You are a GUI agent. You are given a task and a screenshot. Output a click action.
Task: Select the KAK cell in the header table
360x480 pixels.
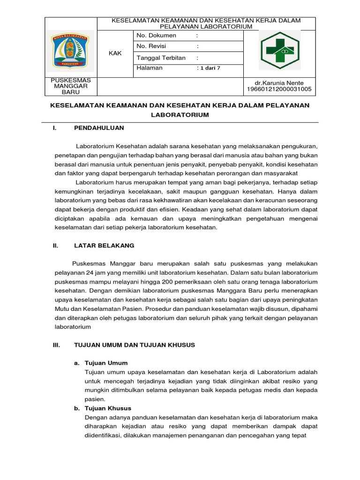tap(115, 53)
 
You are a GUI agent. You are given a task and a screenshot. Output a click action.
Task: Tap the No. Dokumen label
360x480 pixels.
tap(156, 35)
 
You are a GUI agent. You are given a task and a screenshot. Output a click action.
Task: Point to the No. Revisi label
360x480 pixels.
tap(151, 46)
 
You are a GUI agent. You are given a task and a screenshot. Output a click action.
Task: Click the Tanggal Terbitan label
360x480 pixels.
tap(161, 58)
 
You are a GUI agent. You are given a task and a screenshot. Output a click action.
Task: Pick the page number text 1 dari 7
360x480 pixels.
tap(210, 68)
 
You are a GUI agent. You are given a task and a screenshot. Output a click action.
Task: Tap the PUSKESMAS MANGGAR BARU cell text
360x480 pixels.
tap(71, 86)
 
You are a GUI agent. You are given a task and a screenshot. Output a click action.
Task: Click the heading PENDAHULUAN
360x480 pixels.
tap(99, 127)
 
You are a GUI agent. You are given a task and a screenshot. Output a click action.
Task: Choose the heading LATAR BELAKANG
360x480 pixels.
tap(104, 245)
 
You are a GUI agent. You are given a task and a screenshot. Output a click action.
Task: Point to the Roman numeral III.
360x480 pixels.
tap(57, 345)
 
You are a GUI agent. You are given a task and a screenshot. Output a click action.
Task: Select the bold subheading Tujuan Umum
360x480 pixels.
tap(106, 363)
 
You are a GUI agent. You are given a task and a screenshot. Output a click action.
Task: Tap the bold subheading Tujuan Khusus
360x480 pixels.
tap(108, 408)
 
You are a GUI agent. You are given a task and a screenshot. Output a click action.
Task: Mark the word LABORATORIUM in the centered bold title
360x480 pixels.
tap(180, 115)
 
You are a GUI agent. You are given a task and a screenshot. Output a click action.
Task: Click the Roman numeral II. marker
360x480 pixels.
tap(55, 245)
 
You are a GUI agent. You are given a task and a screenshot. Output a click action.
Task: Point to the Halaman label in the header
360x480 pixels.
tap(149, 68)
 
